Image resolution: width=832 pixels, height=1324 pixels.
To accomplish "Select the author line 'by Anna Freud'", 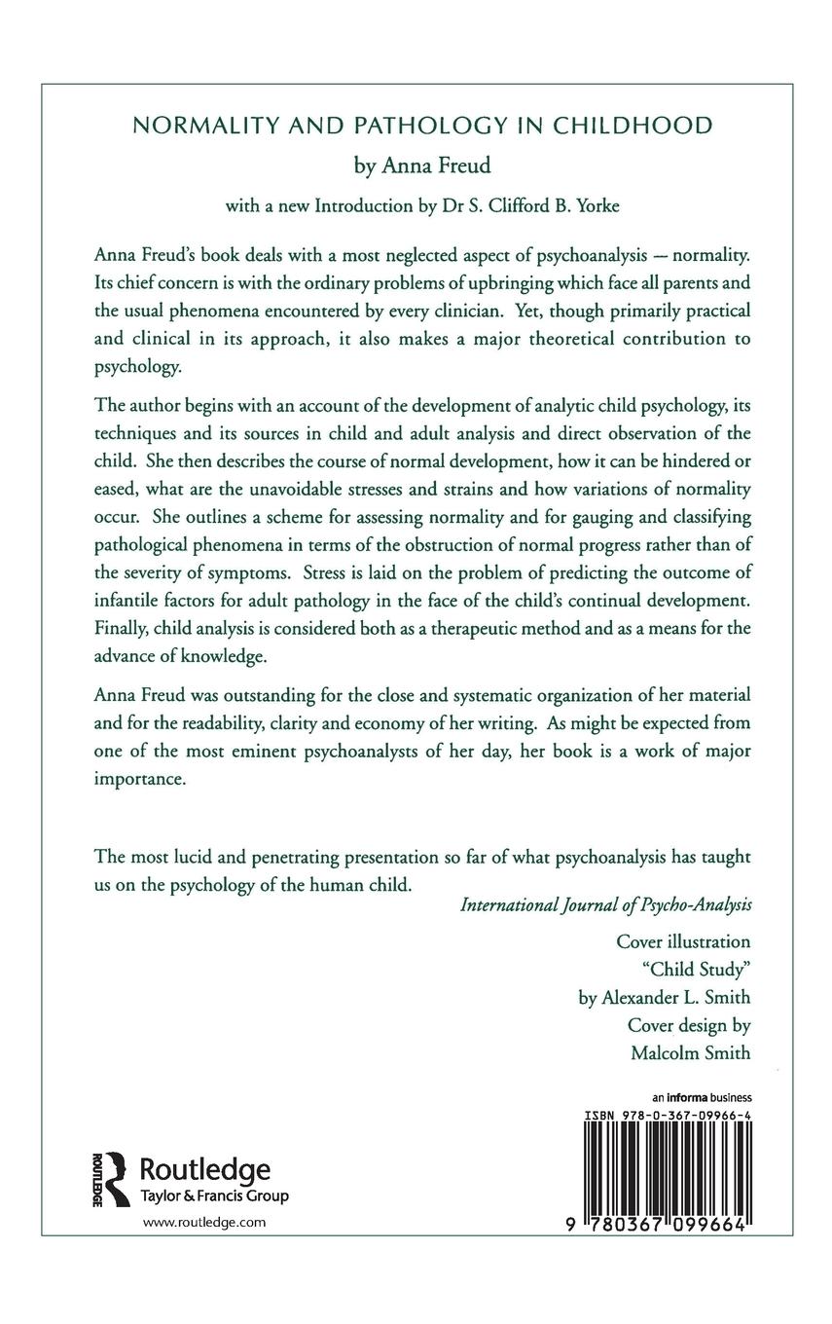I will [416, 166].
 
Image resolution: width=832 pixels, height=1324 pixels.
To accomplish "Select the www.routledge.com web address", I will [203, 1221].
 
